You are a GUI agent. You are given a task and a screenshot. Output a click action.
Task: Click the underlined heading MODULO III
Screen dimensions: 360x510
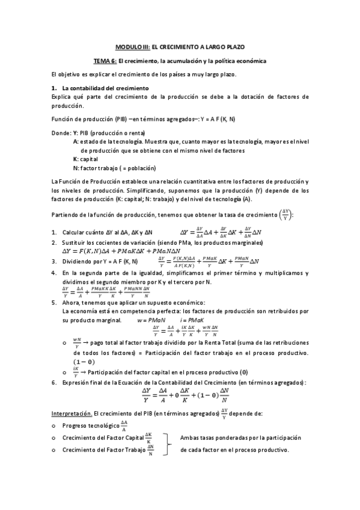(x=131, y=46)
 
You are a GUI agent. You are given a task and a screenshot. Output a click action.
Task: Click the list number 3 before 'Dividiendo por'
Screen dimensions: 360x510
(x=54, y=261)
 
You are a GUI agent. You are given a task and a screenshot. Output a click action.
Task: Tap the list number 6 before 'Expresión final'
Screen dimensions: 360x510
(x=54, y=382)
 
